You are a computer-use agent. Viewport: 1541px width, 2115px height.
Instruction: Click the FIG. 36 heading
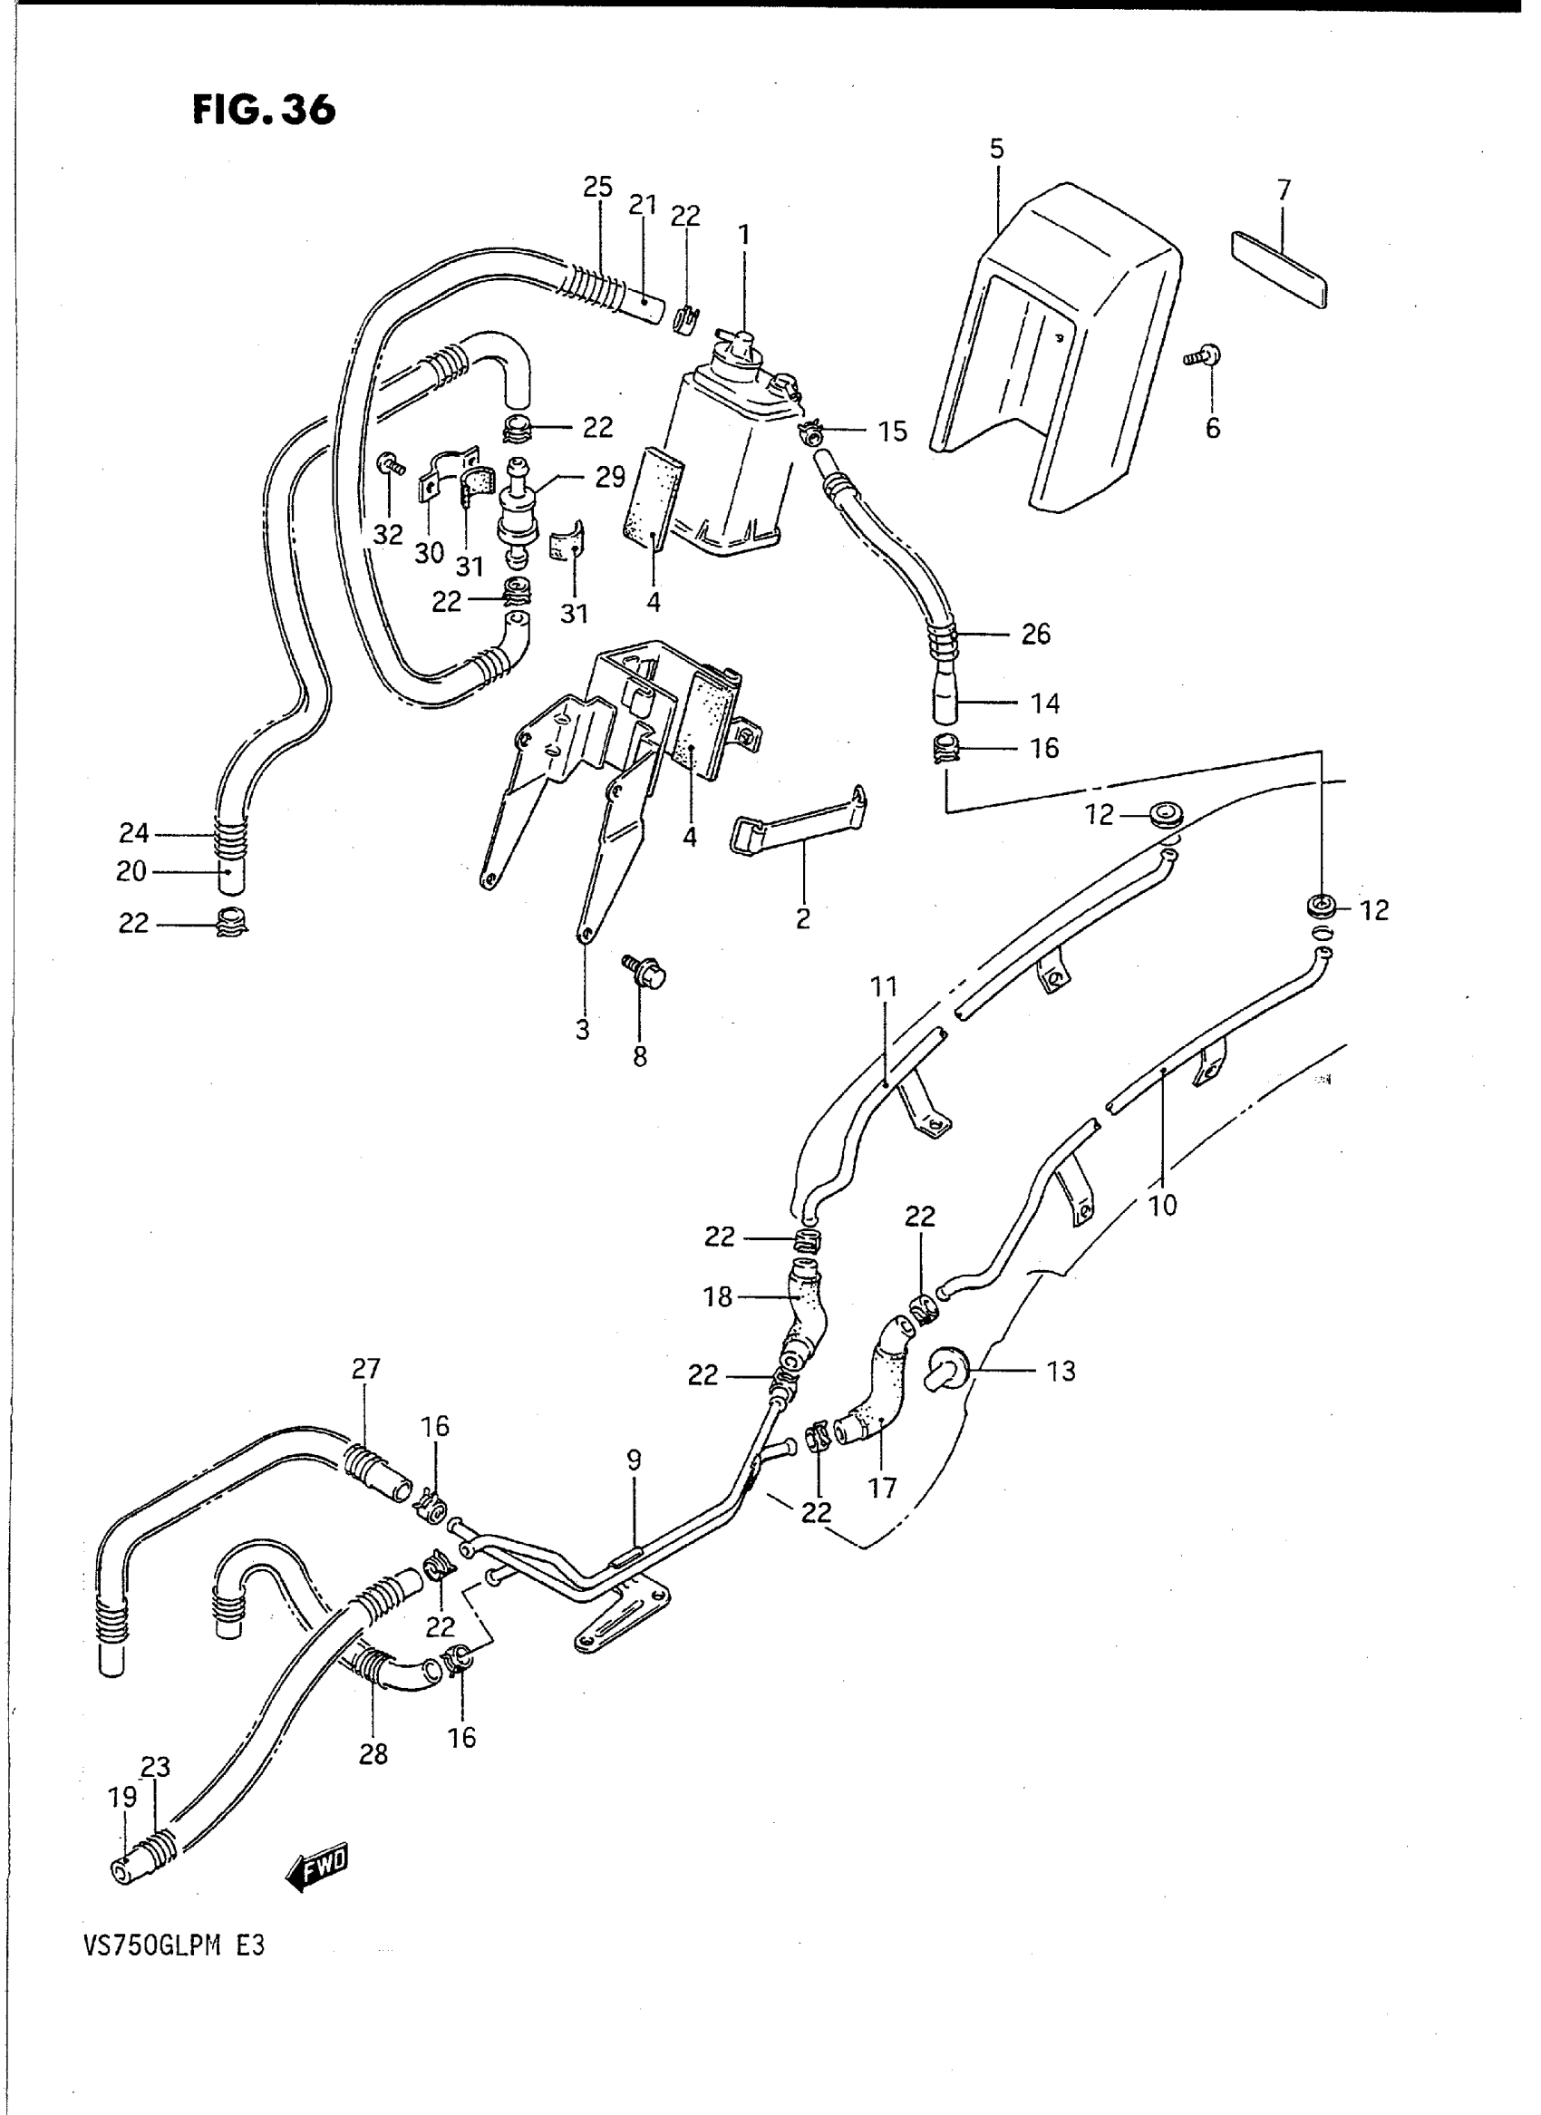click(264, 110)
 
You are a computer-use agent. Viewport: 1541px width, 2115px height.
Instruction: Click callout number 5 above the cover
click(997, 149)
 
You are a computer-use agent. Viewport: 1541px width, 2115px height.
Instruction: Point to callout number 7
click(1284, 190)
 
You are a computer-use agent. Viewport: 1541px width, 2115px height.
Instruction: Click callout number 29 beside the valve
click(610, 478)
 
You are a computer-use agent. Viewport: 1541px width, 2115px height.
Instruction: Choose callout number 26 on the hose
click(1035, 635)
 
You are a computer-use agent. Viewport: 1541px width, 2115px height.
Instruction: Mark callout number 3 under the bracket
click(582, 1030)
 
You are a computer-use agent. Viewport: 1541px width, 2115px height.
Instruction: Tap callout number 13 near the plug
click(1061, 1372)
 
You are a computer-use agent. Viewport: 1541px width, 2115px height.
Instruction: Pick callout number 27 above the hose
click(366, 1369)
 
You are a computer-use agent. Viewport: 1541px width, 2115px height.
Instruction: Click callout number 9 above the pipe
click(635, 1460)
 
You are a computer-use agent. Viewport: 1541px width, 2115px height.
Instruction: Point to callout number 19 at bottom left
click(123, 1796)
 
